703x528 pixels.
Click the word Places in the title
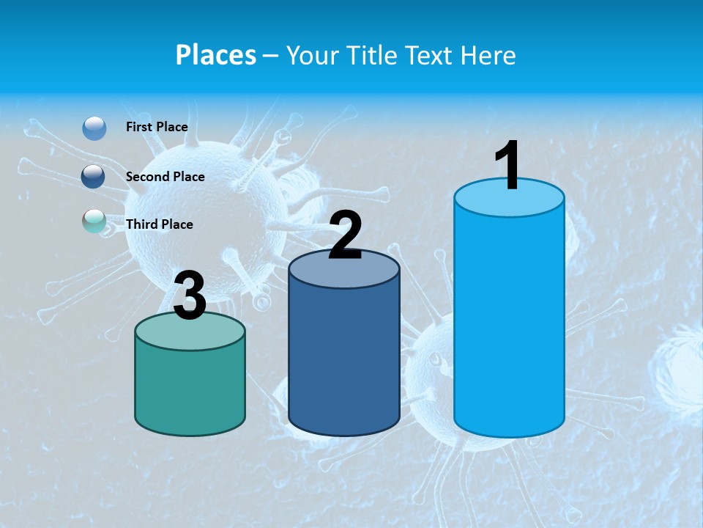click(x=216, y=55)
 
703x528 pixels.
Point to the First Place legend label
click(x=157, y=127)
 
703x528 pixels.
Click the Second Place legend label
click(x=165, y=177)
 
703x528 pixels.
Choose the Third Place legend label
click(x=159, y=224)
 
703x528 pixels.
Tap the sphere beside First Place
click(x=94, y=128)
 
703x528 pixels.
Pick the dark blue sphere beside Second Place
click(x=94, y=177)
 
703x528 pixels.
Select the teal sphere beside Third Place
click(x=94, y=221)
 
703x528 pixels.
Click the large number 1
click(x=507, y=166)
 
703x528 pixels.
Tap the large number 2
click(x=345, y=235)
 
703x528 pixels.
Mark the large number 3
click(x=190, y=296)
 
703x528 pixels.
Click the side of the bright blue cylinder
click(x=509, y=323)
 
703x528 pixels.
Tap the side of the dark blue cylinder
click(x=344, y=359)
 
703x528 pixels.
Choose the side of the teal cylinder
click(x=190, y=389)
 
